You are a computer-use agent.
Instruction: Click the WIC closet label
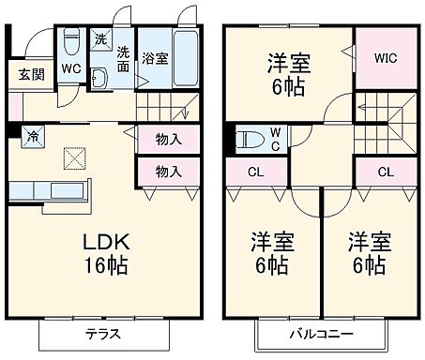click(386, 57)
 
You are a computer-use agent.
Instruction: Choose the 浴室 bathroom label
click(156, 58)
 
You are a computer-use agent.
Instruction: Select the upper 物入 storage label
click(168, 140)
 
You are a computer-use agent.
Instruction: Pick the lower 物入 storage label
click(168, 172)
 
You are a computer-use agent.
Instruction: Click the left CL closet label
click(255, 172)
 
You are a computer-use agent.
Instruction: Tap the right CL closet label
click(385, 172)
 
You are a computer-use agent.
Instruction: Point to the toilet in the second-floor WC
click(248, 140)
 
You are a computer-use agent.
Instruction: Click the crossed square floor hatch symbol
click(74, 159)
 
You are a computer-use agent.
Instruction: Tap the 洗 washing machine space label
click(101, 38)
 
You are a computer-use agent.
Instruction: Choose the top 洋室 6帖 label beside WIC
click(289, 76)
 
